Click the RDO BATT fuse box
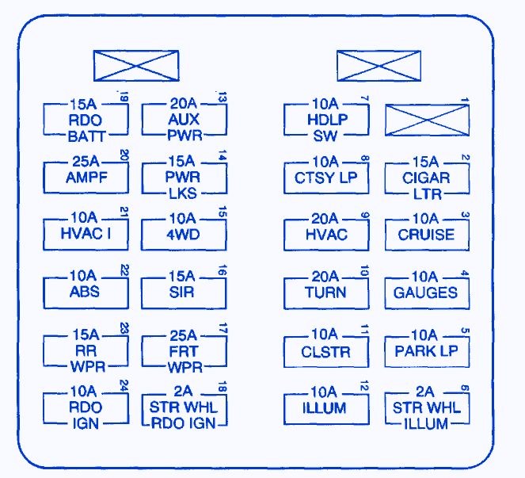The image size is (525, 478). pyautogui.click(x=86, y=120)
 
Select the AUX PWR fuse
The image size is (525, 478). pyautogui.click(x=184, y=120)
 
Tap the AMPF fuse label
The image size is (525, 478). pyautogui.click(x=86, y=178)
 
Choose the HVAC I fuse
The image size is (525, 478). pyautogui.click(x=86, y=235)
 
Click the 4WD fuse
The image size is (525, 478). pyautogui.click(x=184, y=235)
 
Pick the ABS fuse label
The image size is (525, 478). pyautogui.click(x=86, y=292)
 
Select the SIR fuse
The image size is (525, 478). pyautogui.click(x=184, y=292)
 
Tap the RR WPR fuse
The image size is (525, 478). pyautogui.click(x=86, y=350)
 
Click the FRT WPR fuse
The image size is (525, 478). pyautogui.click(x=184, y=350)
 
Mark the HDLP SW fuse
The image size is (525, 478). pyautogui.click(x=326, y=120)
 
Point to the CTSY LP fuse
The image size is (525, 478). pyautogui.click(x=326, y=178)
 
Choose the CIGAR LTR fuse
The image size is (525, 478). pyautogui.click(x=426, y=178)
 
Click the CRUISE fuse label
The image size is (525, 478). pyautogui.click(x=426, y=235)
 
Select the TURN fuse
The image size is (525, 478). pyautogui.click(x=326, y=292)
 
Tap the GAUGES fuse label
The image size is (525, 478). pyautogui.click(x=426, y=292)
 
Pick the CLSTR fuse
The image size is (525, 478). pyautogui.click(x=326, y=350)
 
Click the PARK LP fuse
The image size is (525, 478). pyautogui.click(x=426, y=350)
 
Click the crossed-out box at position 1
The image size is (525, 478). pyautogui.click(x=426, y=120)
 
